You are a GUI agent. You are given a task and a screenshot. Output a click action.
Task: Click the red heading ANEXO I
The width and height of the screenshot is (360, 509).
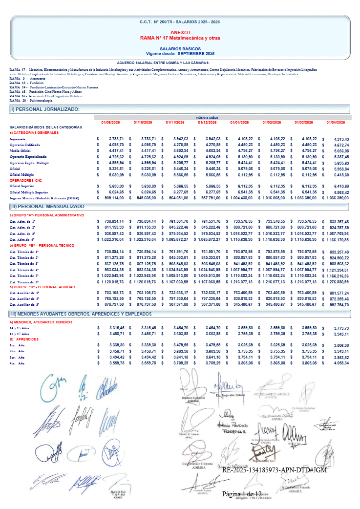pyautogui.click(x=179, y=32)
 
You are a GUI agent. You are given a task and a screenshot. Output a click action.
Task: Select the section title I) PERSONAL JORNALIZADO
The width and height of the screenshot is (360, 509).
pyautogui.click(x=45, y=109)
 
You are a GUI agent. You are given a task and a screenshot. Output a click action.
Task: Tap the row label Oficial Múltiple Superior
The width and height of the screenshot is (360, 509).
pyautogui.click(x=29, y=192)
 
